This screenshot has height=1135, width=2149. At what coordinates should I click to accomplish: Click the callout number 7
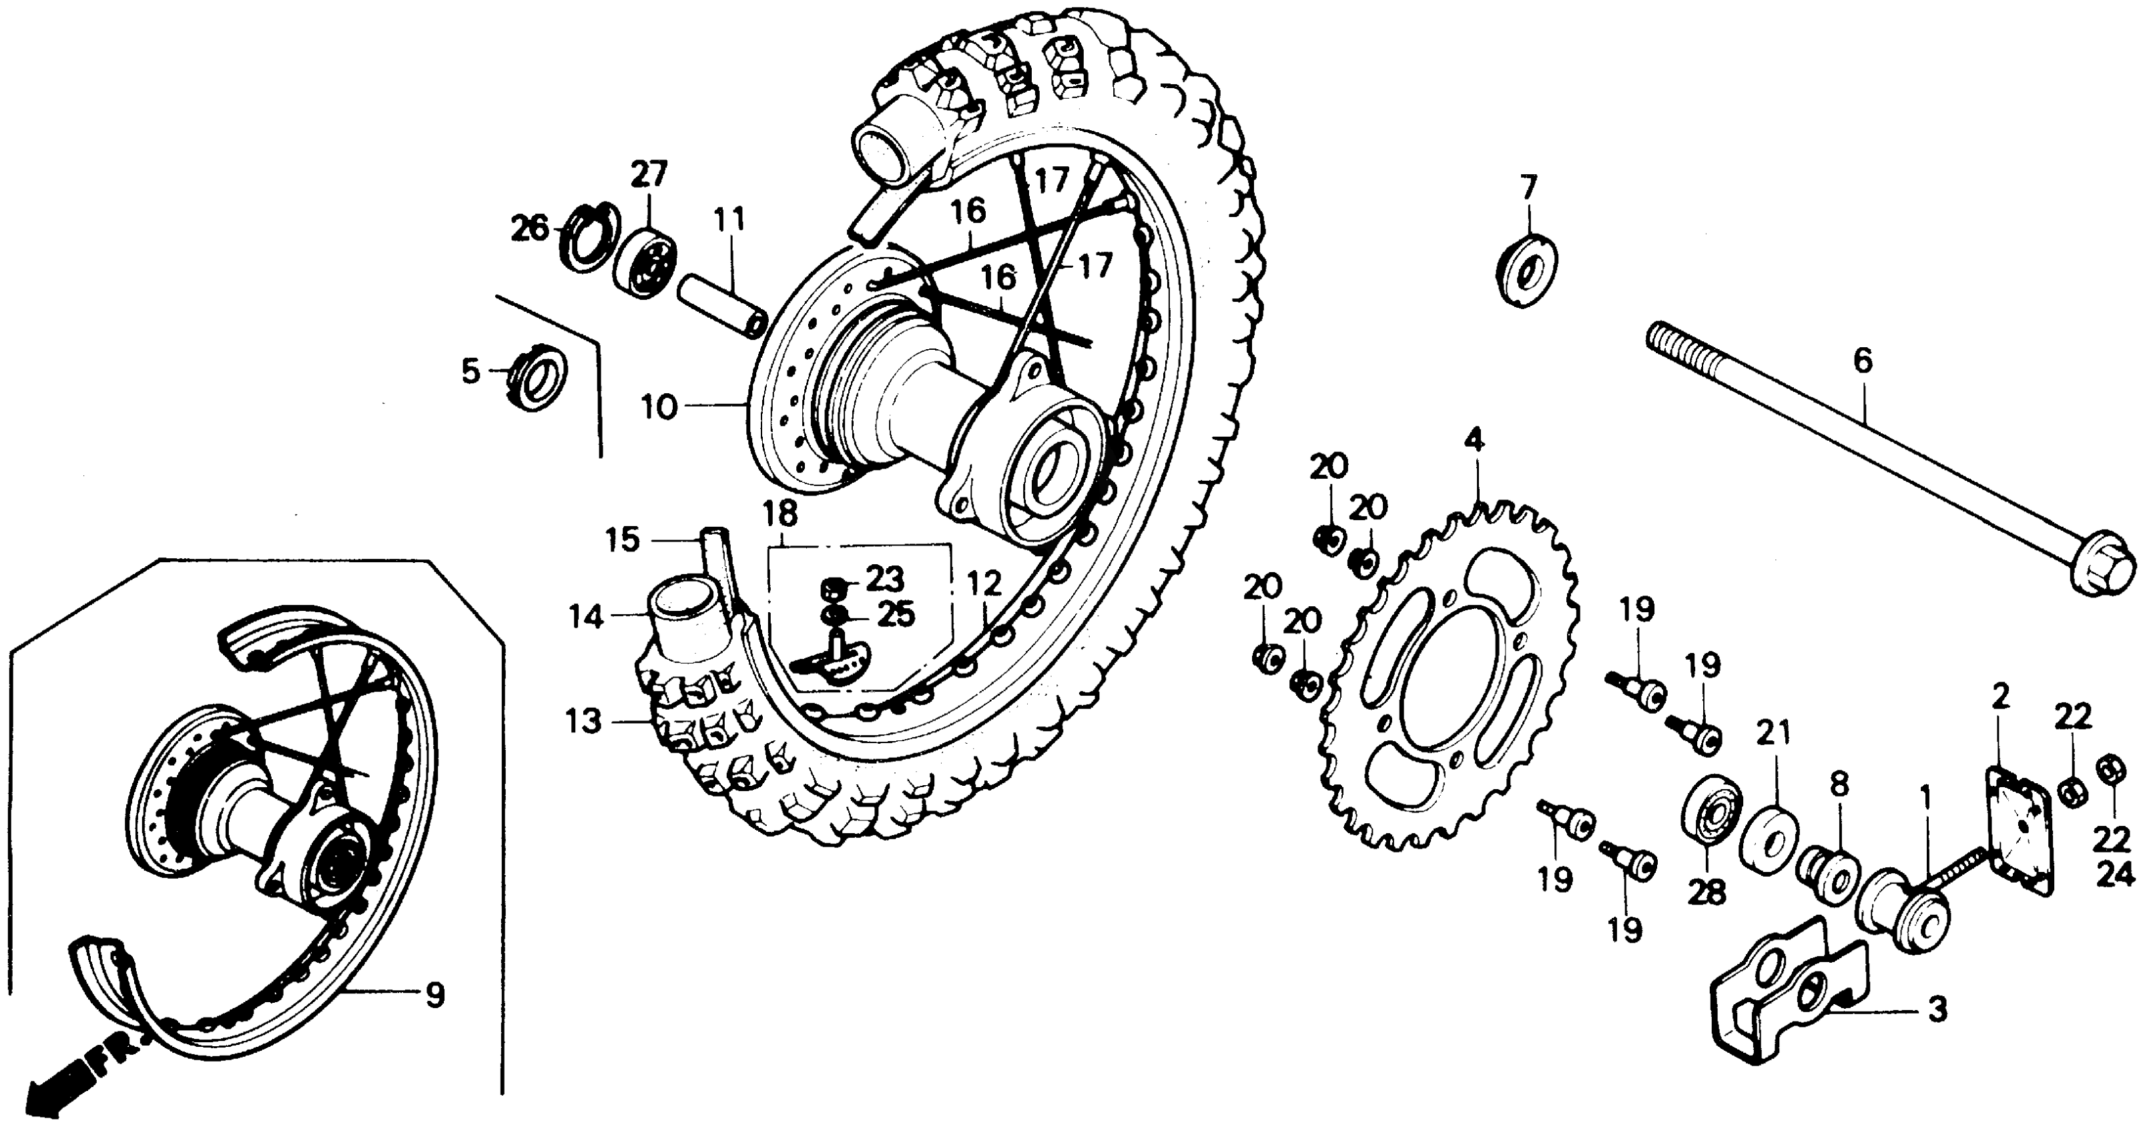(1528, 188)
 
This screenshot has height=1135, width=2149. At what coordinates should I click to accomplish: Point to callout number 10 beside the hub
(659, 408)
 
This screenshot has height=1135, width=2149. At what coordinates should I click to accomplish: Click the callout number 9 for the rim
(434, 995)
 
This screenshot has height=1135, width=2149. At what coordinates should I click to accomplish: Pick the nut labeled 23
(832, 588)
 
